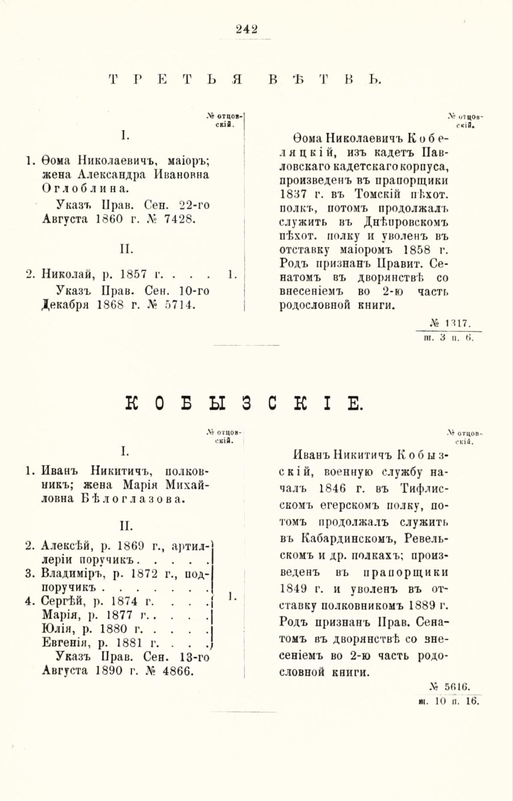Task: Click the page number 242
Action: [247, 28]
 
